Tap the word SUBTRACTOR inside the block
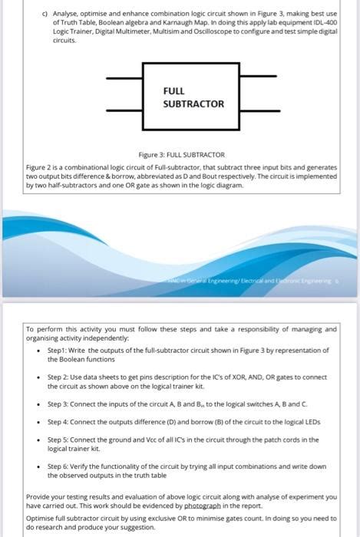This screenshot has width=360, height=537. coord(193,104)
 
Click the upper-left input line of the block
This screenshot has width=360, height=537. coord(124,78)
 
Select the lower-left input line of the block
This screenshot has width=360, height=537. coord(124,111)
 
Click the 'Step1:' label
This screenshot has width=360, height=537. coord(59,350)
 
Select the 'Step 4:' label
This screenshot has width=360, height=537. coord(61,421)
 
